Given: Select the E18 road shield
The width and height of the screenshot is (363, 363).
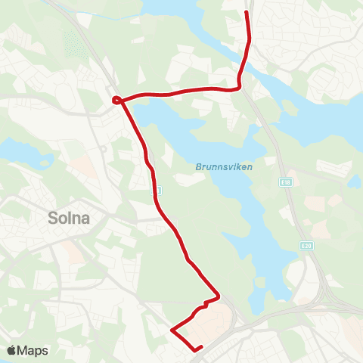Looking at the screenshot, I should tap(284, 182).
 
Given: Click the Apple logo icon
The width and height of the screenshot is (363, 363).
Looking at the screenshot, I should tap(12, 350).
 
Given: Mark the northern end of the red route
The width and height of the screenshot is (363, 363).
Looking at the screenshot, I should tap(247, 12).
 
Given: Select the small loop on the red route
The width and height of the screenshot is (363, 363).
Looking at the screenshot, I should tap(116, 99).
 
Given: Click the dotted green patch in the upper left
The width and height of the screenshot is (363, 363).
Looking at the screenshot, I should tap(73, 45).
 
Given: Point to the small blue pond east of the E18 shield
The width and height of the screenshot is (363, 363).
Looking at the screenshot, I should tap(353, 181).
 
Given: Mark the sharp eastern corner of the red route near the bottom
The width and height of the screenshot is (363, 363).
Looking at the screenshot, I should tap(219, 294).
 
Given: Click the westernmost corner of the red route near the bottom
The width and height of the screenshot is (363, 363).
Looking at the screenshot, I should tap(172, 330).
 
